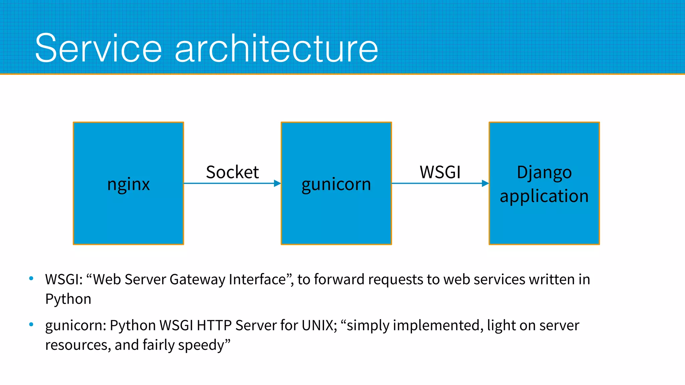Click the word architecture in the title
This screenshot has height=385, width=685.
coord(276,48)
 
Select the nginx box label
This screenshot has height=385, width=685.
coord(128,184)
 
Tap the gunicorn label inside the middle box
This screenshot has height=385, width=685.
coord(336,184)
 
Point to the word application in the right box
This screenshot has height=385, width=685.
coord(544,196)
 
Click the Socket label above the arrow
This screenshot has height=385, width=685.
coord(232,172)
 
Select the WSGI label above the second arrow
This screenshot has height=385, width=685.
coord(440,172)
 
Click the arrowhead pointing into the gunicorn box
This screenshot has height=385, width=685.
coord(277,183)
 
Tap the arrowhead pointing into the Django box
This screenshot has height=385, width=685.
coord(485,183)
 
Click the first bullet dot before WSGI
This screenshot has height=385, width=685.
coord(31,278)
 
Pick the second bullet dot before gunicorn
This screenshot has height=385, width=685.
coord(31,324)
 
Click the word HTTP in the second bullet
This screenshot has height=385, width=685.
coord(214,325)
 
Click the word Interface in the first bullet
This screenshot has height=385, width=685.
coord(257,279)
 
